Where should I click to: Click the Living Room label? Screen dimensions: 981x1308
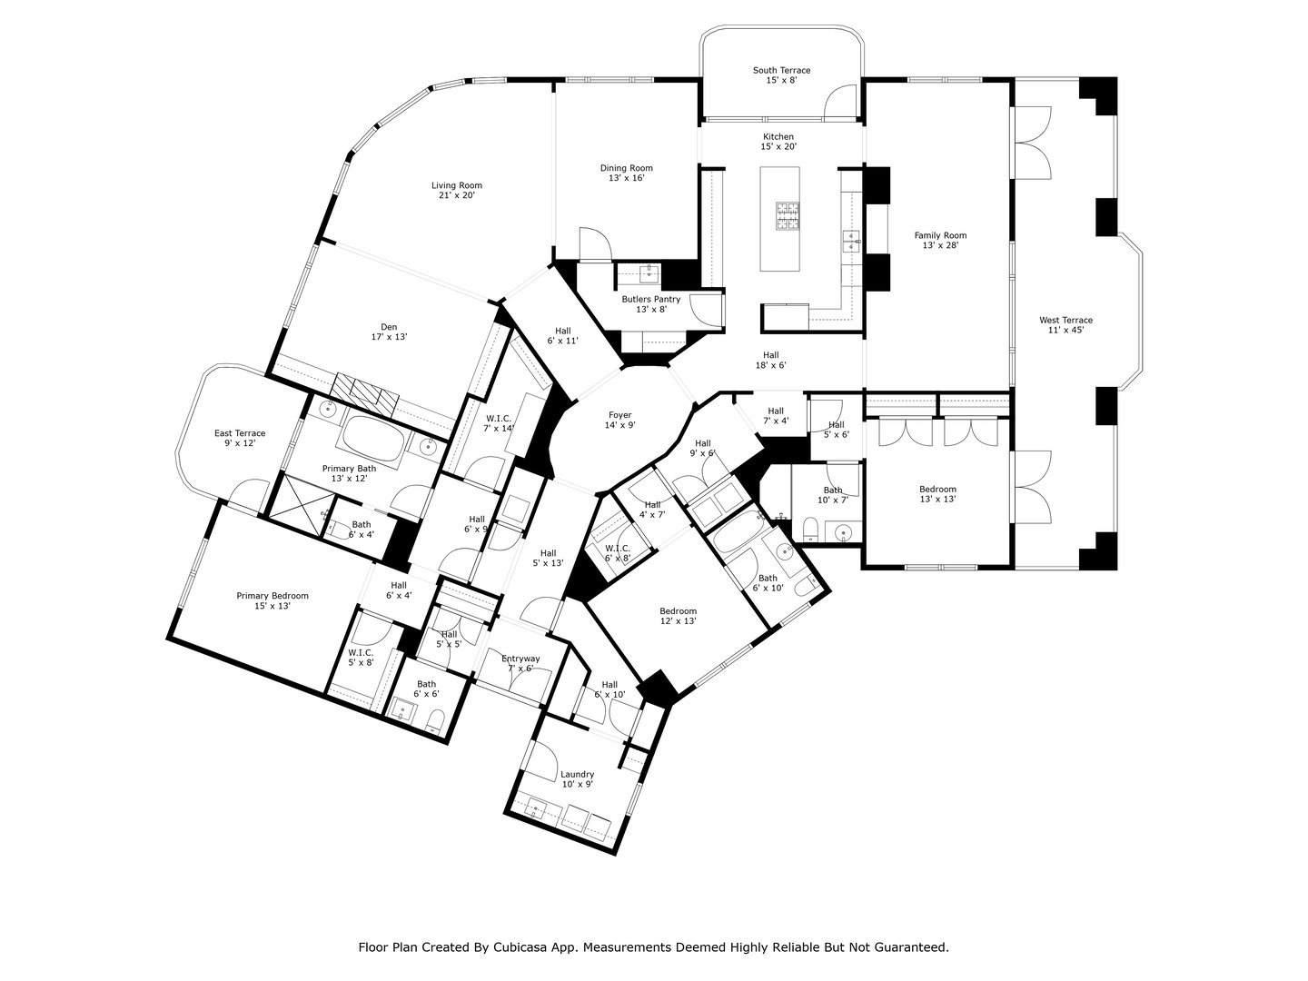[x=456, y=190]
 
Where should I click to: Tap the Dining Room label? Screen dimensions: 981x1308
[x=626, y=173]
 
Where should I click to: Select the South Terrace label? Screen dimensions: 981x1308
[x=781, y=74]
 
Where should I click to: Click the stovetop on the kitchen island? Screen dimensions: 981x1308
[x=787, y=217]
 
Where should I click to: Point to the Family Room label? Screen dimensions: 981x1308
[x=940, y=240]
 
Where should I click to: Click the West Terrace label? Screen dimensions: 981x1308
[x=1065, y=324]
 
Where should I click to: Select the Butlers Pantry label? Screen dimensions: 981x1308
[x=650, y=303]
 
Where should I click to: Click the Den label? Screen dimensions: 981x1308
[x=389, y=332]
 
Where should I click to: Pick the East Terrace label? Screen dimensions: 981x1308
[x=240, y=438]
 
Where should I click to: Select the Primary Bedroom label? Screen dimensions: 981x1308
[x=272, y=600]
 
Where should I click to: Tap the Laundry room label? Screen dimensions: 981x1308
[x=577, y=778]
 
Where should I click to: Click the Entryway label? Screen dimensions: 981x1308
[x=520, y=663]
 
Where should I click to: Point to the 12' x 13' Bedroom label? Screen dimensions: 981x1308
[x=678, y=616]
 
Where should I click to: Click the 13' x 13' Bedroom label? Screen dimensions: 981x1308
[x=937, y=494]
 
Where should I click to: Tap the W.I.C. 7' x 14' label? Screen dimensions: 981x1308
[x=498, y=423]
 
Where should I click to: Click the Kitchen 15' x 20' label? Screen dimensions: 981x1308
[x=778, y=141]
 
